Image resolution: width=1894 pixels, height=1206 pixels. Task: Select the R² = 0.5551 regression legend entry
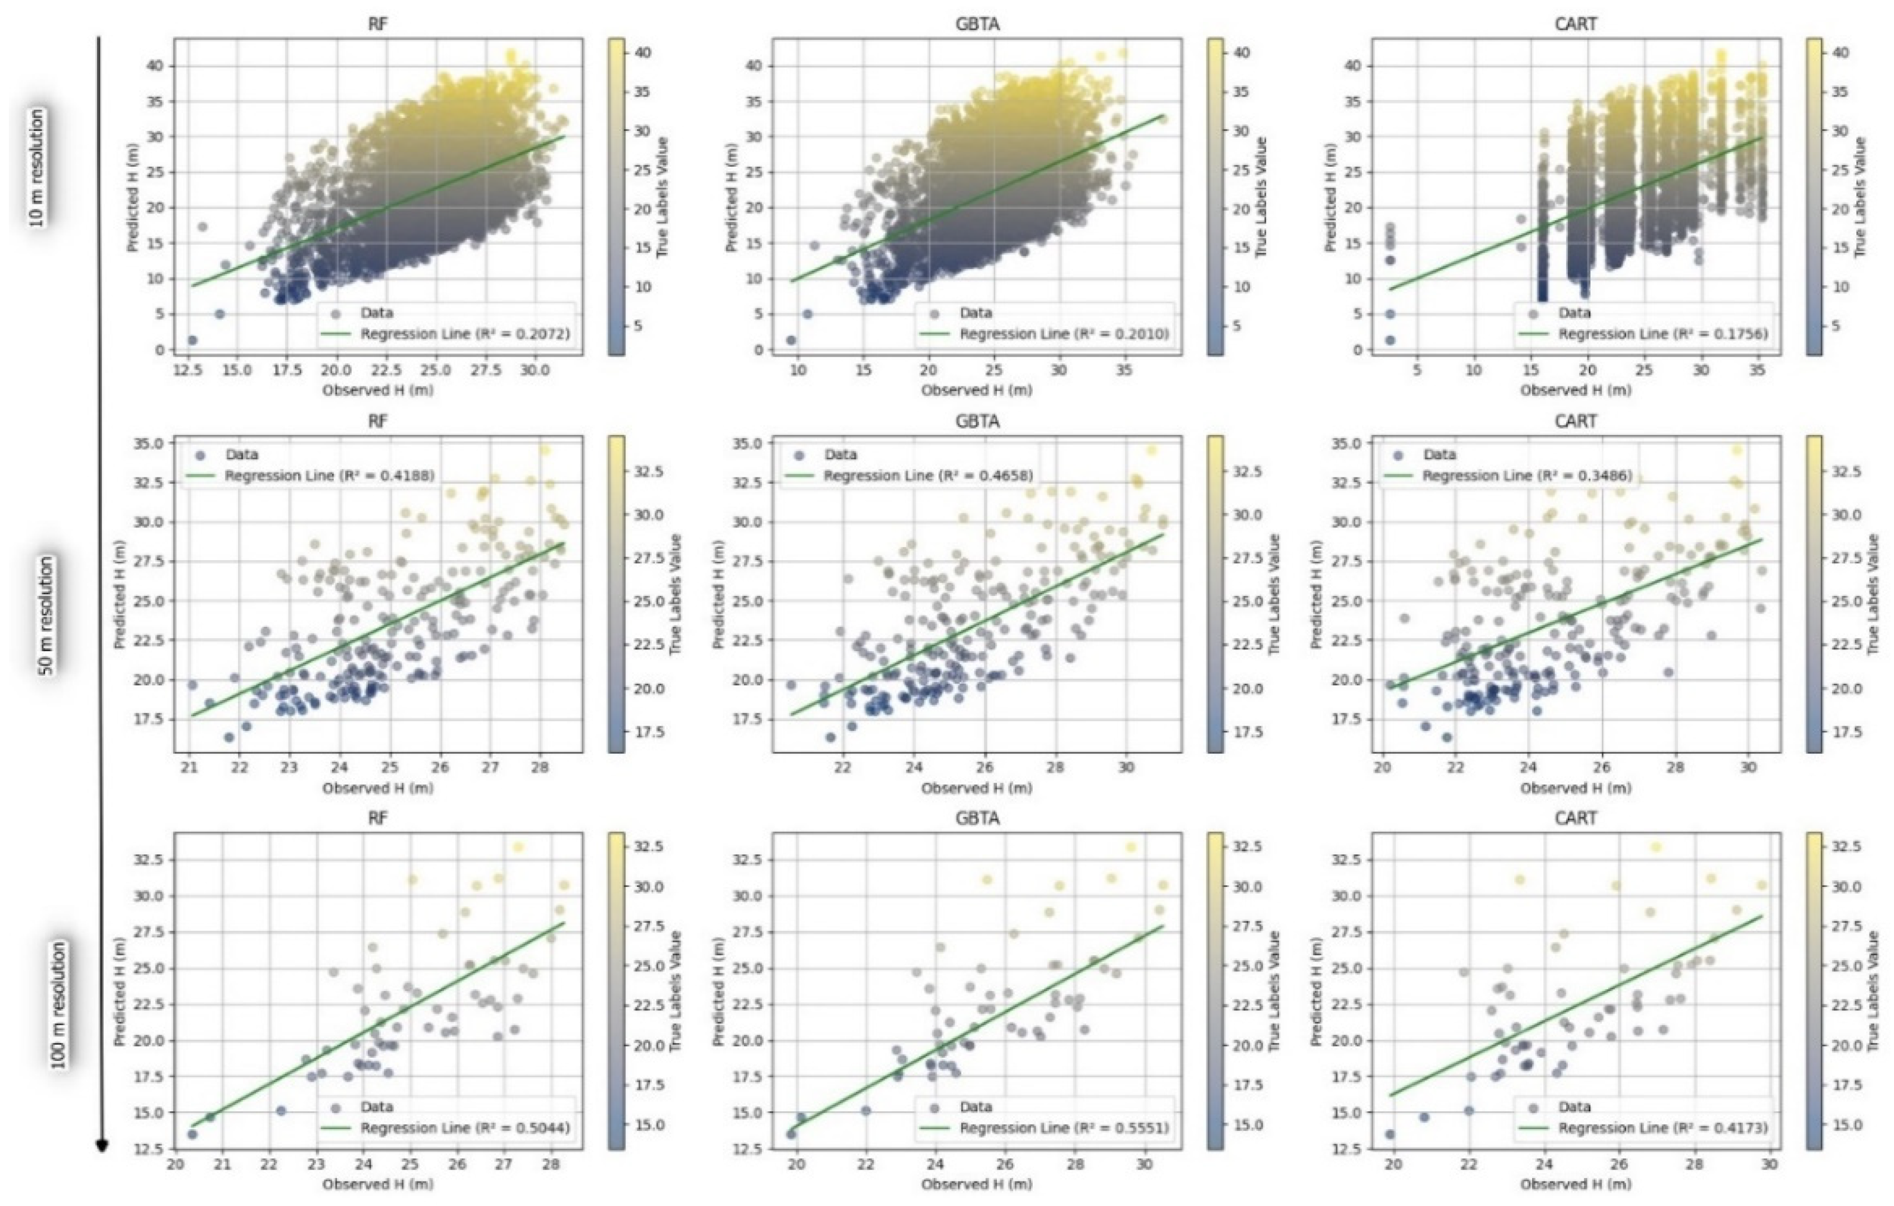click(1064, 1128)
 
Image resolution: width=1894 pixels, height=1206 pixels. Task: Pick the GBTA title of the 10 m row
click(977, 24)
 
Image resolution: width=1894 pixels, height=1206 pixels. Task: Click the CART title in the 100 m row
click(1576, 818)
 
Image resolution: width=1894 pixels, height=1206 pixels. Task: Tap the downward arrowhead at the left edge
click(101, 1145)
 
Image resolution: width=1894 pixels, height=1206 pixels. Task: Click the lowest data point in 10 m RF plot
click(192, 340)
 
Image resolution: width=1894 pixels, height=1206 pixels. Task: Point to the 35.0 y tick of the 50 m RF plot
click(149, 443)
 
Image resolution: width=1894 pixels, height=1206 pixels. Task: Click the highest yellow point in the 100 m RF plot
click(518, 847)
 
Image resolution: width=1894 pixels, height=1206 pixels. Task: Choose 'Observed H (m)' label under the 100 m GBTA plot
click(976, 1184)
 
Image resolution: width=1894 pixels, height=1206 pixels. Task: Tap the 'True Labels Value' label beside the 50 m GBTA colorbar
click(1274, 594)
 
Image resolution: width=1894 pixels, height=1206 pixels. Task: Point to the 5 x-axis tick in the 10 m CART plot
click(1417, 370)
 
